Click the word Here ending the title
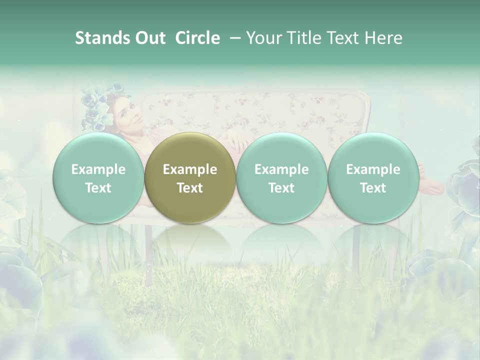point(383,38)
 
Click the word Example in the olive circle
point(190,169)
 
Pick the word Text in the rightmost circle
point(373,188)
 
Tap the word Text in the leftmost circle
point(98,188)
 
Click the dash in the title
point(233,38)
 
